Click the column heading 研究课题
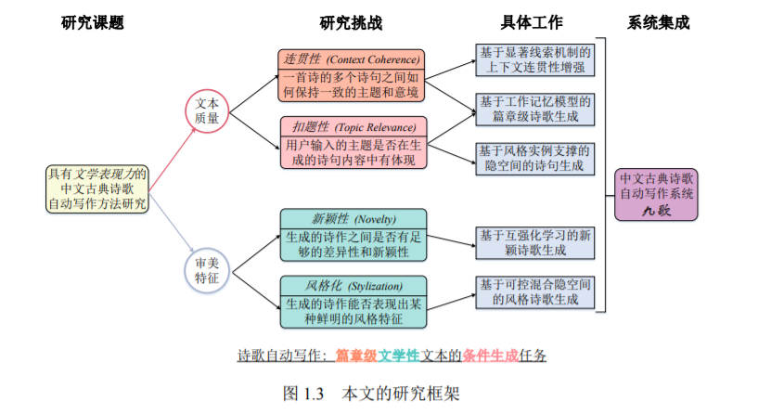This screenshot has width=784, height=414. (x=92, y=21)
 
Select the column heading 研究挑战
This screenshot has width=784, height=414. (x=351, y=21)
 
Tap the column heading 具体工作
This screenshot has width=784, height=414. (x=532, y=21)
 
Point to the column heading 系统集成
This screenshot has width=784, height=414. (x=659, y=21)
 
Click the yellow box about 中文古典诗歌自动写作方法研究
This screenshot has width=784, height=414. (x=97, y=188)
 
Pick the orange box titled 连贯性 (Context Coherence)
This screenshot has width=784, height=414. (x=351, y=75)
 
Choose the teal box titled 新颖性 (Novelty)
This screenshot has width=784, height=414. (x=351, y=236)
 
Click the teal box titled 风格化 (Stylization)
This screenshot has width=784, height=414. (x=351, y=301)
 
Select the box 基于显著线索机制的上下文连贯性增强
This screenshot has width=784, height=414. (x=533, y=59)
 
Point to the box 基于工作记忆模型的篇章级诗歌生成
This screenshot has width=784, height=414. (x=533, y=108)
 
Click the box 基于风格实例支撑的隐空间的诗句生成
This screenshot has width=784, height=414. (x=533, y=157)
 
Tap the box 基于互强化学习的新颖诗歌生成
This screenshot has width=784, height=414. (x=533, y=242)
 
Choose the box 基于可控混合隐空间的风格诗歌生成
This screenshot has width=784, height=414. (x=533, y=291)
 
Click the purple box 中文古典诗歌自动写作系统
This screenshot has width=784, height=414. (x=657, y=194)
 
